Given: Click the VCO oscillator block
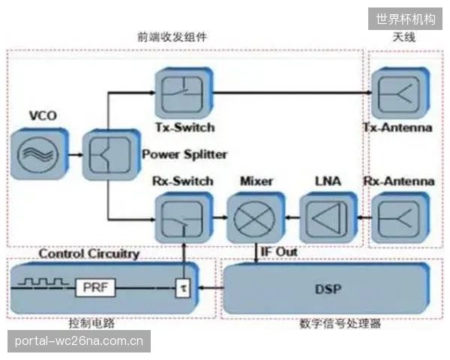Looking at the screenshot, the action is pyautogui.click(x=39, y=154).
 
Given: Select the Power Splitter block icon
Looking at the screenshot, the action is pyautogui.click(x=111, y=154).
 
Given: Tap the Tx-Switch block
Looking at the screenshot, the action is pyautogui.click(x=184, y=93).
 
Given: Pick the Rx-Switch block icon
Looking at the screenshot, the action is pyautogui.click(x=184, y=217).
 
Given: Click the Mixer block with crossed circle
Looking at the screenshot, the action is pyautogui.click(x=256, y=217).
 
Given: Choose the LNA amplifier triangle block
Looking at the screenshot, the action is pyautogui.click(x=328, y=217).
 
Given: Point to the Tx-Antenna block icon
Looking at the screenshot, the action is pyautogui.click(x=400, y=93).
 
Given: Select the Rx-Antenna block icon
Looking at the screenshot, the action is pyautogui.click(x=400, y=217).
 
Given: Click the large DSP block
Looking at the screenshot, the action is pyautogui.click(x=326, y=289).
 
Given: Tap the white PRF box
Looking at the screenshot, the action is pyautogui.click(x=95, y=287).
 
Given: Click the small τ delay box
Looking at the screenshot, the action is pyautogui.click(x=183, y=288).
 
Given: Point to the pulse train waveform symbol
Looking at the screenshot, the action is pyautogui.click(x=43, y=281).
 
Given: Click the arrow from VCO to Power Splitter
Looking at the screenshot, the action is pyautogui.click(x=76, y=155).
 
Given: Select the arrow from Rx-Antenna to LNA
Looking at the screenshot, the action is pyautogui.click(x=364, y=217).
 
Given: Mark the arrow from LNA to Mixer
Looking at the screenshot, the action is pyautogui.click(x=292, y=217).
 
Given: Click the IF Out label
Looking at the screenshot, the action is pyautogui.click(x=279, y=252).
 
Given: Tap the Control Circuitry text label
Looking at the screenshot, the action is pyautogui.click(x=89, y=253).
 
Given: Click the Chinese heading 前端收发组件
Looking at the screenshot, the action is pyautogui.click(x=172, y=37).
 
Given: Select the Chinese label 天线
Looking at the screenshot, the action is pyautogui.click(x=404, y=37).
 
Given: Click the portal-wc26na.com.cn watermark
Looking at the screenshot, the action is pyautogui.click(x=79, y=341).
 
